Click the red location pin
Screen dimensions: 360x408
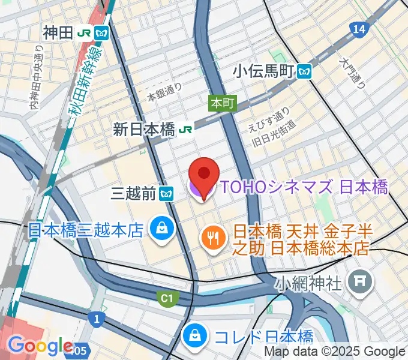204,175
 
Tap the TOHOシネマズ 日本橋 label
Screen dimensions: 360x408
304,187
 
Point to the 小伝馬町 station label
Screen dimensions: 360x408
264,72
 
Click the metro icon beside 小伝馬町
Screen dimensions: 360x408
305,72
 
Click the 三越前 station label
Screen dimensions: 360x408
134,193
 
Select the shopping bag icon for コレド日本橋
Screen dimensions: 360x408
195,336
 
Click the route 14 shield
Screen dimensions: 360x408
359,29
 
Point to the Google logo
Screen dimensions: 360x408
40,346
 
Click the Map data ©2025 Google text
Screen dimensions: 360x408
335,352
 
